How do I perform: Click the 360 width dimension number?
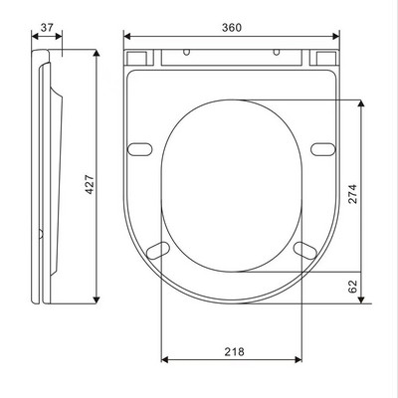[x=232, y=28]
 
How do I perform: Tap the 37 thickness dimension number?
[x=47, y=28]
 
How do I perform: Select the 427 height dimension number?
[x=90, y=184]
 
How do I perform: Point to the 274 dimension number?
[x=352, y=194]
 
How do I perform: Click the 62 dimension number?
[x=352, y=287]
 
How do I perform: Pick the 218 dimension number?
[x=234, y=351]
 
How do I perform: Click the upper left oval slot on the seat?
[x=140, y=149]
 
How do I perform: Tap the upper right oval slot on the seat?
[x=323, y=149]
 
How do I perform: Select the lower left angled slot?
[x=158, y=250]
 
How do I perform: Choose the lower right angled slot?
[x=305, y=250]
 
